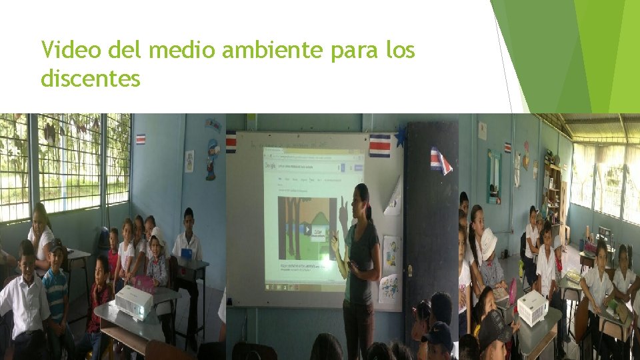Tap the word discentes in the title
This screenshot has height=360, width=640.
click(x=91, y=79)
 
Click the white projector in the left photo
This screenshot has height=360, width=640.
click(x=133, y=303)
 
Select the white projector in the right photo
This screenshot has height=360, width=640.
click(x=532, y=307)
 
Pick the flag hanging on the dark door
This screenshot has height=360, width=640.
click(x=441, y=160)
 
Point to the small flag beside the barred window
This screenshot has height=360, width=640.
click(x=140, y=139)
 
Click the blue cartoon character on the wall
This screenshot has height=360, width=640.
click(x=212, y=158)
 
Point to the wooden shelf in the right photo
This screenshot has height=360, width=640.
click(x=552, y=193)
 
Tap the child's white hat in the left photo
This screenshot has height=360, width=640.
click(x=158, y=235)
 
